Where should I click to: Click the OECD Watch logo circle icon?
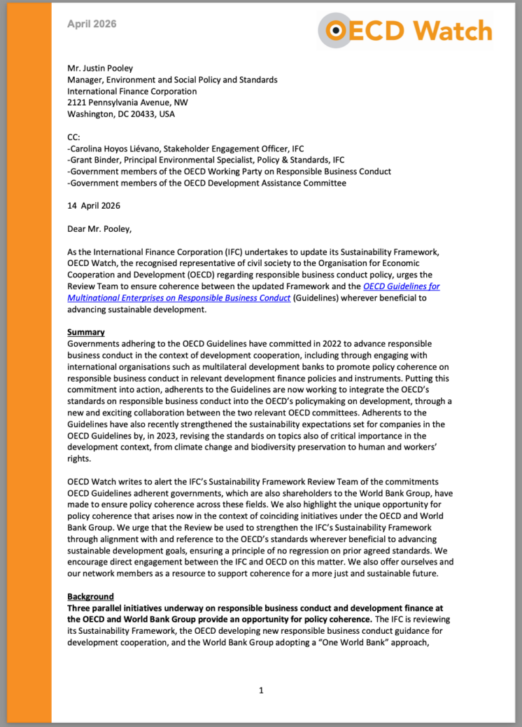[337, 30]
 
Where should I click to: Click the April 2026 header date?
[92, 24]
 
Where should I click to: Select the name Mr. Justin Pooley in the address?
[99, 69]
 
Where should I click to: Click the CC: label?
[74, 137]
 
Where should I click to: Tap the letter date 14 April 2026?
[94, 206]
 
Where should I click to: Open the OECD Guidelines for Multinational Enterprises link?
[253, 293]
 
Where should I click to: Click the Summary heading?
[86, 332]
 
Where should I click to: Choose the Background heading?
[90, 597]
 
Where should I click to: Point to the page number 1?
[261, 691]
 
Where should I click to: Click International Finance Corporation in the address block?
[132, 91]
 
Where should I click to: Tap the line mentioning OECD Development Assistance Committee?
[206, 183]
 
